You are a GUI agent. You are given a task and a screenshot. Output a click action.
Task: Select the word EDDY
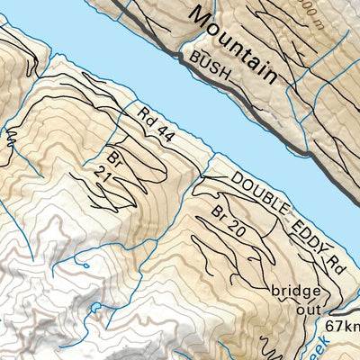(309, 232)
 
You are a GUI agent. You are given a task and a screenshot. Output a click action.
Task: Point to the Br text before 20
(217, 213)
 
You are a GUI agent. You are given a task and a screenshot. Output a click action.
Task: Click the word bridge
(294, 291)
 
